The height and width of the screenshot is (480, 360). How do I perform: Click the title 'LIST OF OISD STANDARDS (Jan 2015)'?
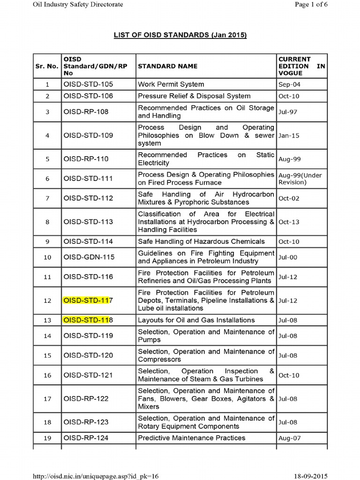click(x=180, y=35)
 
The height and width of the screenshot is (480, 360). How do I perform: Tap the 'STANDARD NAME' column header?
click(x=167, y=66)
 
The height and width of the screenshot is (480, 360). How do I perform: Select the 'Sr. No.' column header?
click(x=47, y=66)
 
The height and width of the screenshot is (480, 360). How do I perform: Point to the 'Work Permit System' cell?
click(x=171, y=84)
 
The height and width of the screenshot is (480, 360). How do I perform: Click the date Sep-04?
click(x=289, y=85)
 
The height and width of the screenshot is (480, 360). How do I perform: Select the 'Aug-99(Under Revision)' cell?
click(x=300, y=179)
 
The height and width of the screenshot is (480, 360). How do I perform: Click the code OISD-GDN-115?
click(x=89, y=257)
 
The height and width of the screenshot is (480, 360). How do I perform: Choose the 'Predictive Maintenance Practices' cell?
click(x=191, y=438)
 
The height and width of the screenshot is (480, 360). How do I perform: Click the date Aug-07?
click(x=290, y=438)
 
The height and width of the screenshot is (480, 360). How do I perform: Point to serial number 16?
click(x=47, y=375)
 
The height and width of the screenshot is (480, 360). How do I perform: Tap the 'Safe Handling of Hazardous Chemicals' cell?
click(x=201, y=241)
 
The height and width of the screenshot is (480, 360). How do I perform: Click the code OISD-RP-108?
click(x=86, y=112)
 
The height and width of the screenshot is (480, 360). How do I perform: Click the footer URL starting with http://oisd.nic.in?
click(x=96, y=476)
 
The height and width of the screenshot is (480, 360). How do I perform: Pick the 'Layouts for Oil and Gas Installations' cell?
click(x=196, y=320)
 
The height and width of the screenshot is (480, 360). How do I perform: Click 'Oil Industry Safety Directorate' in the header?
click(x=77, y=4)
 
